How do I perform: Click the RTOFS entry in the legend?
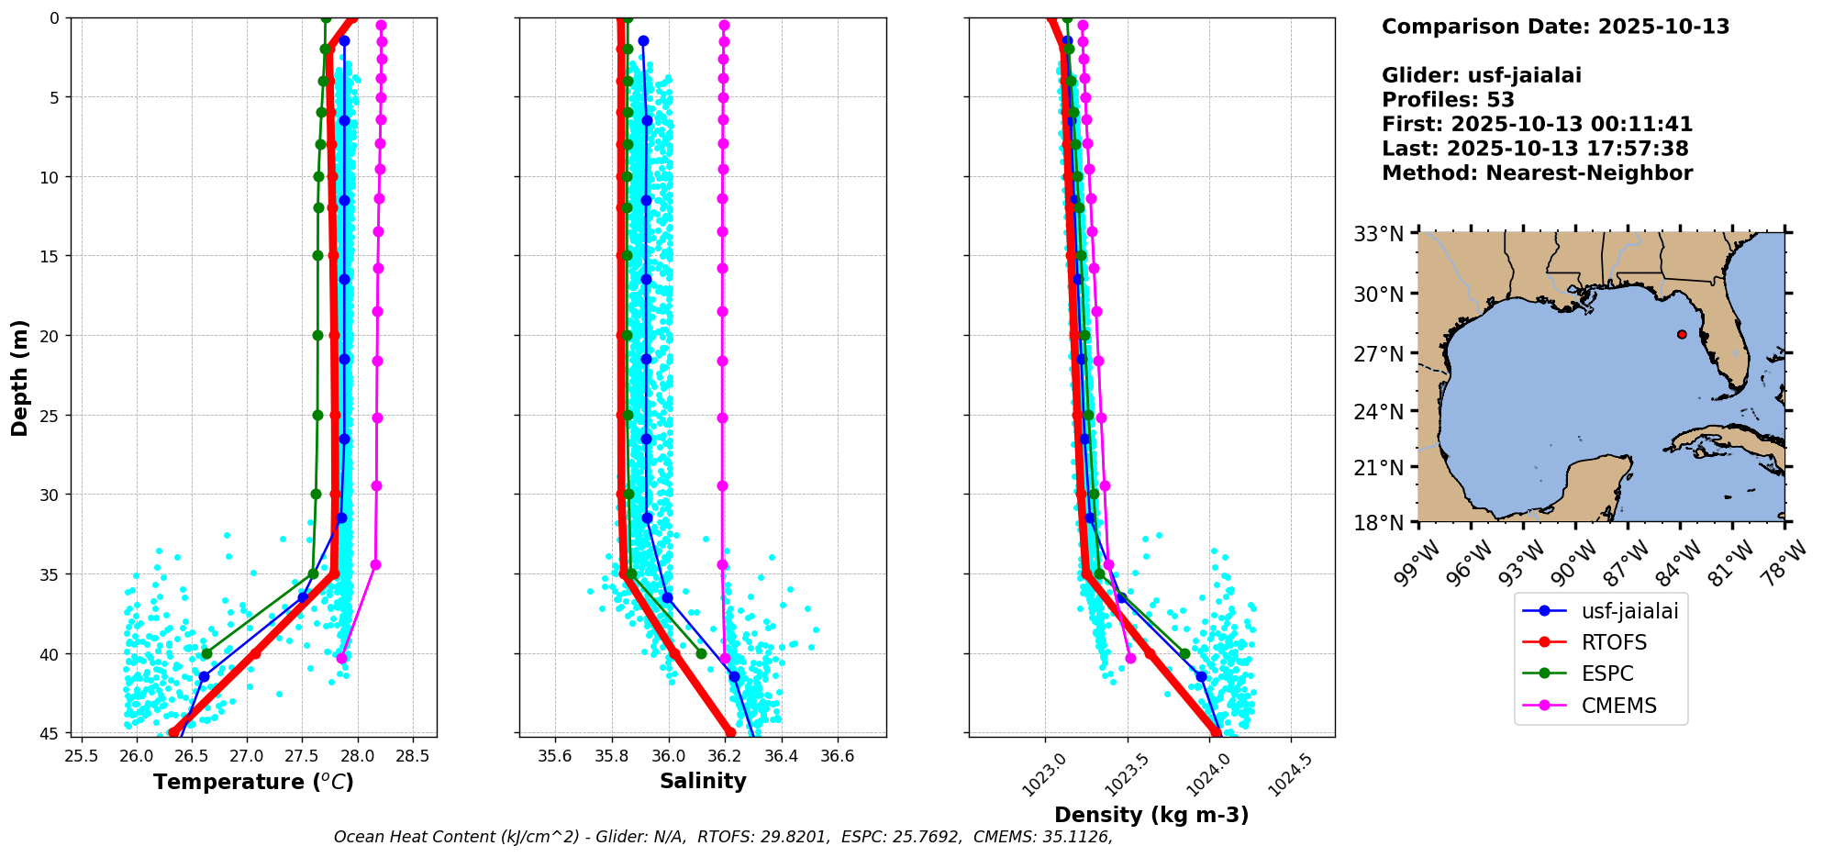tap(1614, 642)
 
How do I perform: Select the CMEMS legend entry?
tap(1618, 706)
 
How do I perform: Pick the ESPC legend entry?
tap(1607, 673)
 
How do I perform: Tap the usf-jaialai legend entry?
tap(1629, 611)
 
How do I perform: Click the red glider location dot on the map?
tap(1682, 334)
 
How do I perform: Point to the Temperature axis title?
tap(253, 782)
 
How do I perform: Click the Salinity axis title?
tap(703, 781)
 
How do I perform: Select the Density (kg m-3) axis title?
tap(1151, 815)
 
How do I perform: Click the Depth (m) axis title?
tap(20, 377)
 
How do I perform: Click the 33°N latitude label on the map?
tap(1379, 235)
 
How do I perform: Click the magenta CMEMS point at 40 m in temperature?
tap(341, 658)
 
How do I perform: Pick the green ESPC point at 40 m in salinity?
tap(701, 653)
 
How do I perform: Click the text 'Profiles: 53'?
tap(1448, 100)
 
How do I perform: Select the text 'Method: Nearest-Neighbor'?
tap(1537, 173)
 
